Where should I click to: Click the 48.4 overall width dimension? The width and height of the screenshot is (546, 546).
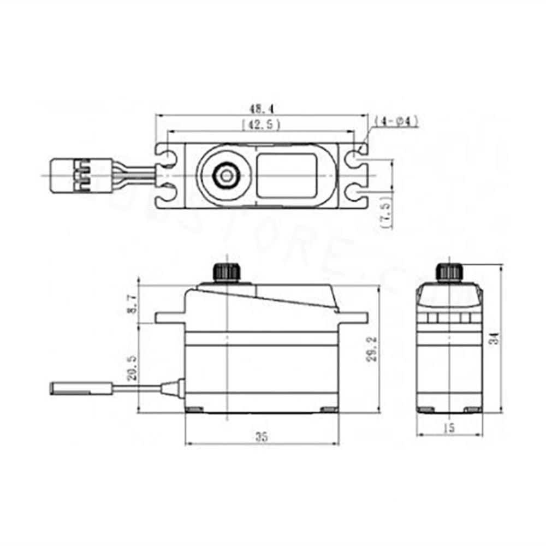tap(260, 109)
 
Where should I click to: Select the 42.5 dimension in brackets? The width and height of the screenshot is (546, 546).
tap(261, 124)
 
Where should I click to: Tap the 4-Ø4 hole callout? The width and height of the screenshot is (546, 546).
tap(397, 121)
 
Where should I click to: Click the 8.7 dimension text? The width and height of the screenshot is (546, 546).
tap(130, 303)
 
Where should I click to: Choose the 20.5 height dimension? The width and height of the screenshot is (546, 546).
tap(130, 366)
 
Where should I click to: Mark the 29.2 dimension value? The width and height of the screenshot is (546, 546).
tap(372, 350)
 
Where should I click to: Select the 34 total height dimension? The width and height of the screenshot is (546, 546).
tap(494, 339)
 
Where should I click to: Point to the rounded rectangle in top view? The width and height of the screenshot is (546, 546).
tap(286, 175)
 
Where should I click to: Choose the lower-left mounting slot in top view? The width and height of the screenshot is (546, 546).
tap(167, 192)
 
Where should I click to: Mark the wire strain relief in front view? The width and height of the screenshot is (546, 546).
tap(171, 388)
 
